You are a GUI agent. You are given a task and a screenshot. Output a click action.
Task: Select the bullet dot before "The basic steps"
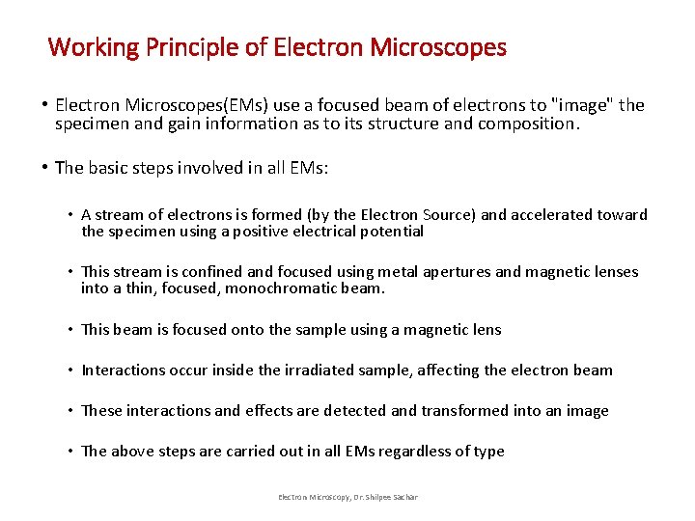(x=45, y=167)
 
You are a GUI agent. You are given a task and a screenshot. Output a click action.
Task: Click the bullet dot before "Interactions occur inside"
(x=70, y=370)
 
